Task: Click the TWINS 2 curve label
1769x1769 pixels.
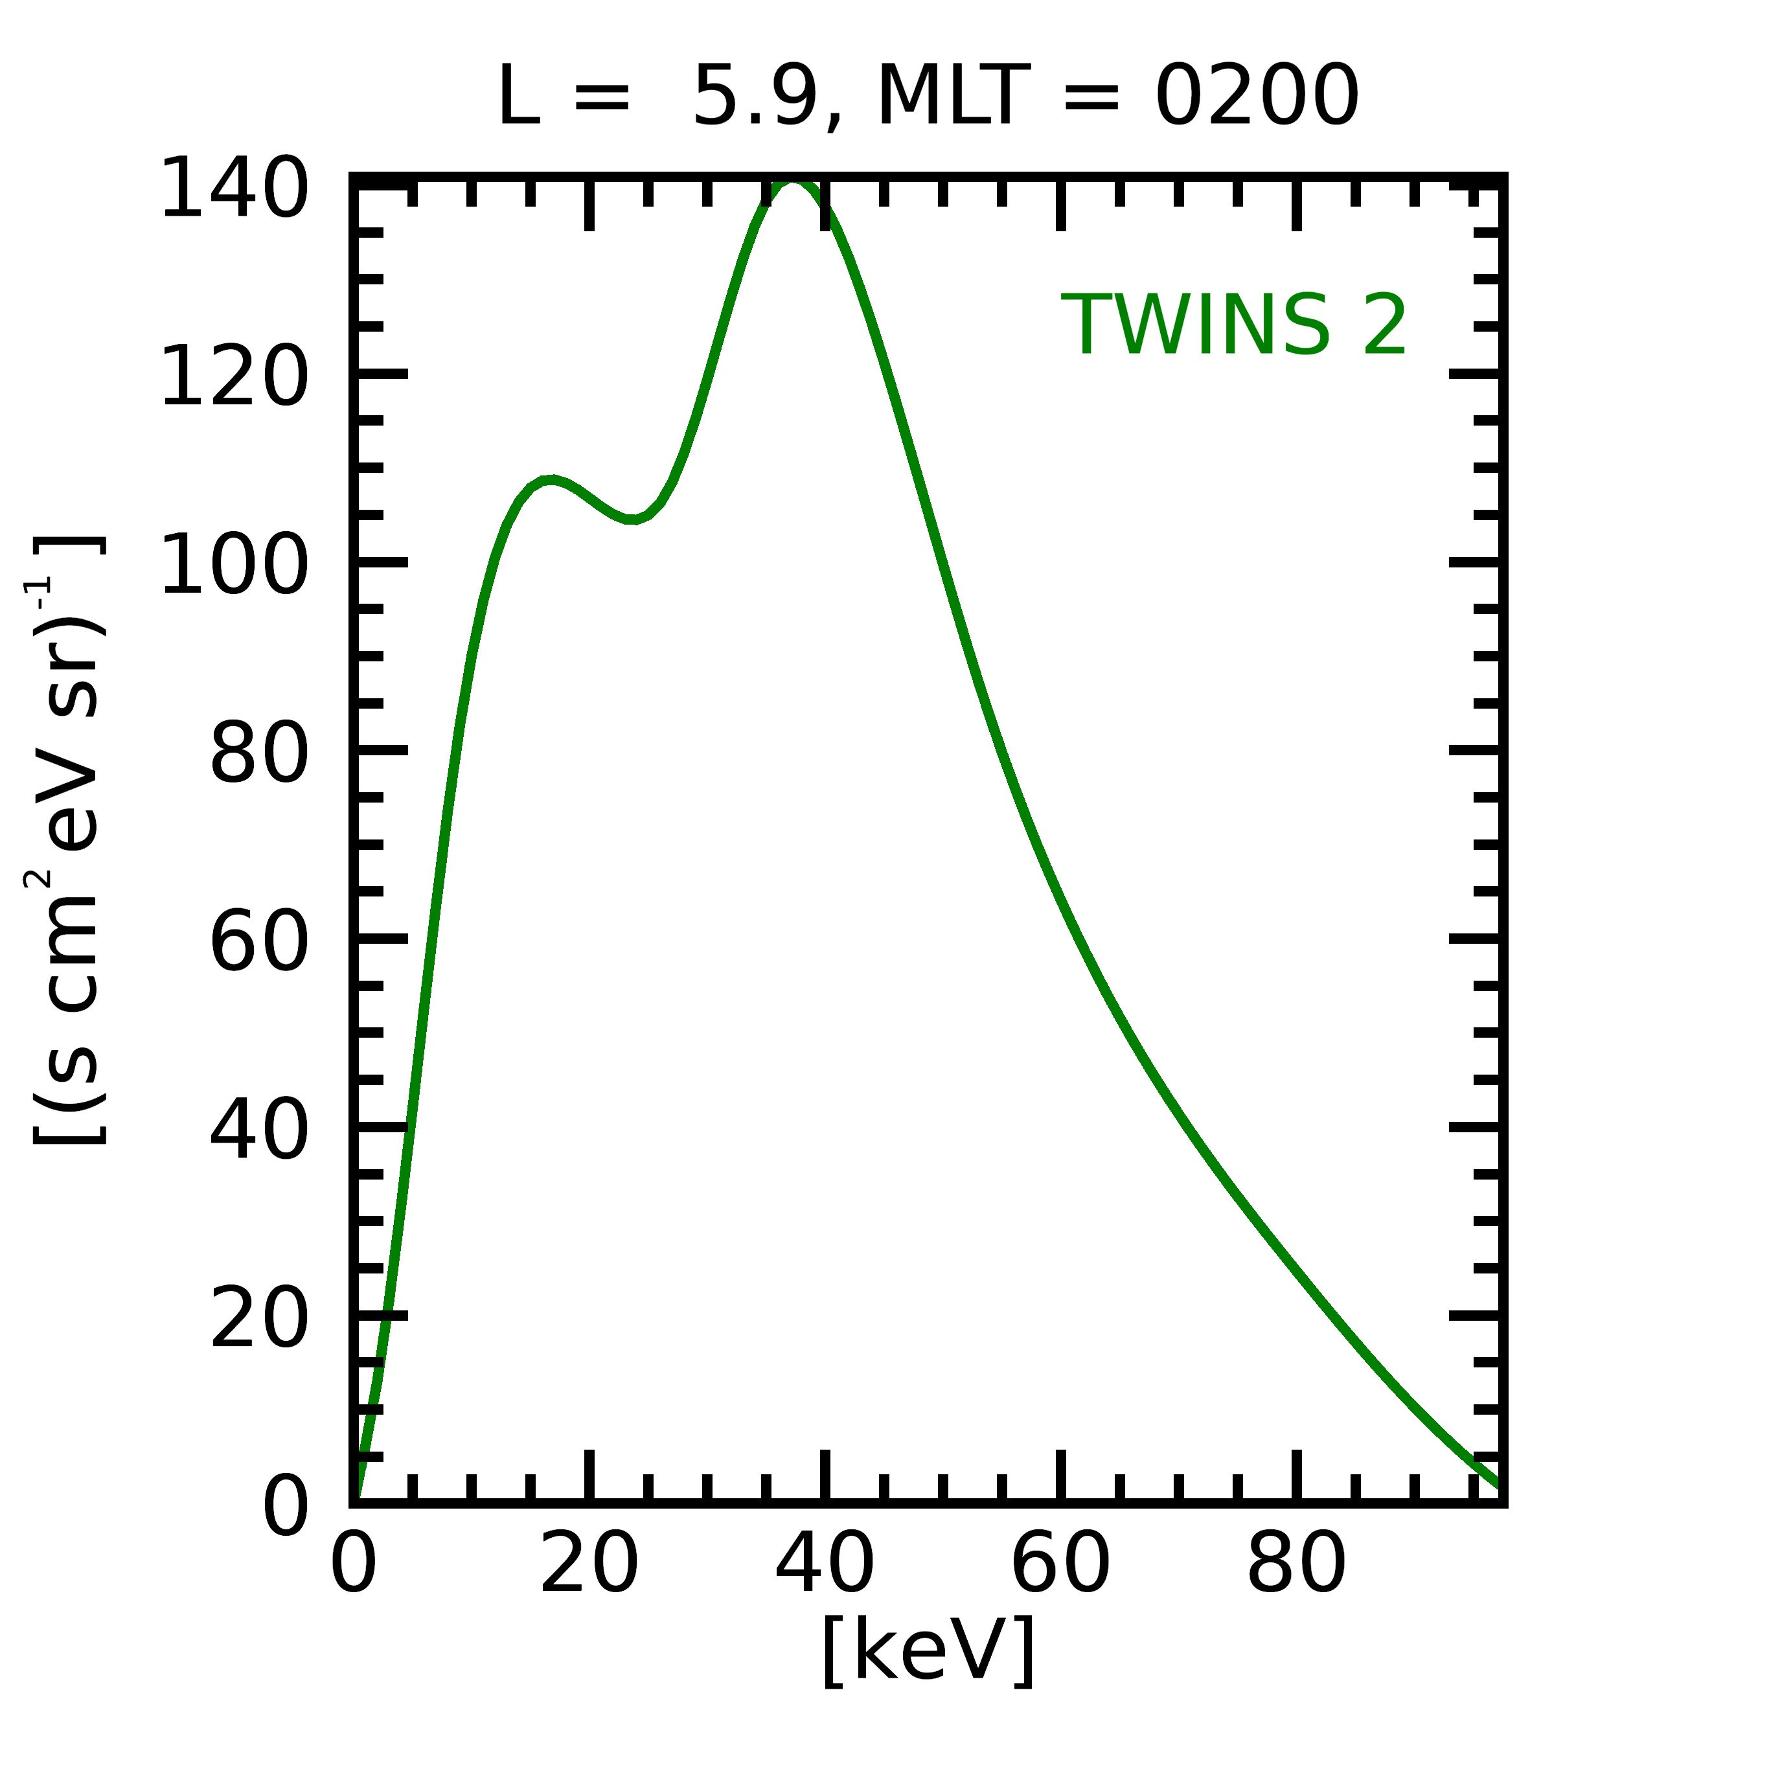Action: tap(1233, 325)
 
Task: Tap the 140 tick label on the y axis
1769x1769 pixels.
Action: tap(234, 188)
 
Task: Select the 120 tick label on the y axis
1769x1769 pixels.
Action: tap(234, 377)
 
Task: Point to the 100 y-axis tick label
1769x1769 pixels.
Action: tap(234, 566)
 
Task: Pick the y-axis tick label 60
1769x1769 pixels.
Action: tap(260, 943)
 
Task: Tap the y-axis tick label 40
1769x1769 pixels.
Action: tap(260, 1132)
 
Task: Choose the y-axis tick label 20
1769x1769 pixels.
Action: tap(260, 1320)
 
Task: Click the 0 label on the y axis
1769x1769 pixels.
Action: tap(286, 1508)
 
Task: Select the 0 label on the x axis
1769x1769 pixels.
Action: tap(354, 1566)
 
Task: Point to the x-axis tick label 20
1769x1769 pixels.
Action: tap(589, 1566)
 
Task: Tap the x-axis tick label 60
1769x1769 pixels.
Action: tap(1060, 1566)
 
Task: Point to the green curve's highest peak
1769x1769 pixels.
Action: tap(791, 182)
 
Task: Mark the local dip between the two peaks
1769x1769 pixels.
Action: tap(632, 519)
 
